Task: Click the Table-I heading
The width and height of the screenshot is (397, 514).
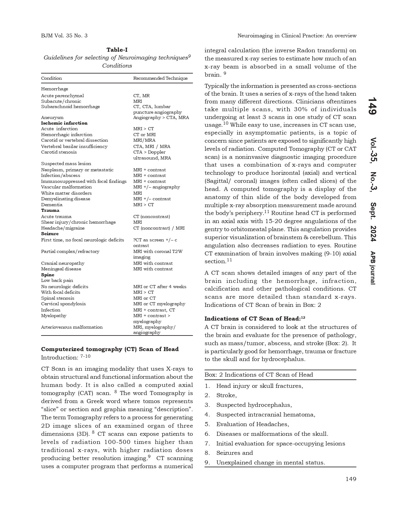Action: click(x=117, y=50)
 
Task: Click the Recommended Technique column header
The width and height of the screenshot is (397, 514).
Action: click(x=160, y=78)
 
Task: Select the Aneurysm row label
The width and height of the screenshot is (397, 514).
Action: click(x=52, y=117)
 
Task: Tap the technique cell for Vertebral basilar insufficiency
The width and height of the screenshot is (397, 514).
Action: click(x=152, y=146)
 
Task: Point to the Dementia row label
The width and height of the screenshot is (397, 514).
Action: click(x=52, y=205)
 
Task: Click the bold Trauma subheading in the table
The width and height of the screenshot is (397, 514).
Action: click(x=50, y=210)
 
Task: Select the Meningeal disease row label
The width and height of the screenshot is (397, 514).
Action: click(x=61, y=269)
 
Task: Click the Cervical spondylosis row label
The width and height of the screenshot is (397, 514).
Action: click(x=63, y=304)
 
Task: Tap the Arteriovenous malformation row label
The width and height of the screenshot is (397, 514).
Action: click(x=72, y=327)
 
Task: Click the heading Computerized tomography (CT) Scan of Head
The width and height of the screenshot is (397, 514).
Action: click(x=110, y=349)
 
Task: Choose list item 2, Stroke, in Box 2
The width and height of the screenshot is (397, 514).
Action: click(x=226, y=395)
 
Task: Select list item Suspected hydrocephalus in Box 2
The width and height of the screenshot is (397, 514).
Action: click(x=254, y=405)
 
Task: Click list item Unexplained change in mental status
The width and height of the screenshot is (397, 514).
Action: click(x=270, y=463)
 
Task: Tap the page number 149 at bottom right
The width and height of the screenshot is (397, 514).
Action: click(x=351, y=479)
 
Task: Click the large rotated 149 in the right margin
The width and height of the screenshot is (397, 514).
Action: click(x=372, y=106)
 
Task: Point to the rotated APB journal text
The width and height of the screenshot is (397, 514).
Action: click(x=372, y=268)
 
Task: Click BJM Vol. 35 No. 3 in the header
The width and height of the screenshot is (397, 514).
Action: click(x=64, y=36)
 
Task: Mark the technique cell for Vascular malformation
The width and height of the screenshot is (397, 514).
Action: click(x=157, y=187)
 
